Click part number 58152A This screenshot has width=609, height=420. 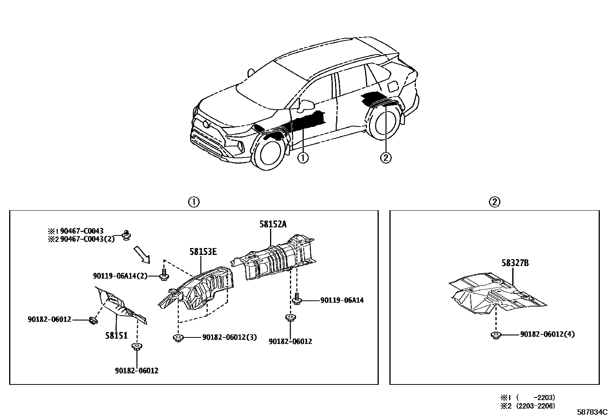(x=272, y=224)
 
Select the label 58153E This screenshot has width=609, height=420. (x=202, y=251)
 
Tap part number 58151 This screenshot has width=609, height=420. (x=116, y=336)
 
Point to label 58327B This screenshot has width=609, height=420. (x=515, y=263)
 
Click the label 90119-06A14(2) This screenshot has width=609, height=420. (x=120, y=276)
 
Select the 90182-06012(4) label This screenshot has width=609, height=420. (x=547, y=334)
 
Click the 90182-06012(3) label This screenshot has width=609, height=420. (x=229, y=337)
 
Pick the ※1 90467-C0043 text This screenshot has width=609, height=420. (x=76, y=231)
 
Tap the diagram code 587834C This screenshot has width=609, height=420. (x=592, y=412)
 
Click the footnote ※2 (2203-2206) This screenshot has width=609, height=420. (x=528, y=405)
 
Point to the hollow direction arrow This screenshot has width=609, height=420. (x=142, y=255)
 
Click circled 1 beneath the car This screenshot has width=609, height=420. (x=303, y=157)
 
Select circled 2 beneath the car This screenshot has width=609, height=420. (x=386, y=157)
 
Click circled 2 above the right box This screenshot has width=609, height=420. (x=495, y=201)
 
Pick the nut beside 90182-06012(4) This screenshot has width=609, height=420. (x=495, y=336)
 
